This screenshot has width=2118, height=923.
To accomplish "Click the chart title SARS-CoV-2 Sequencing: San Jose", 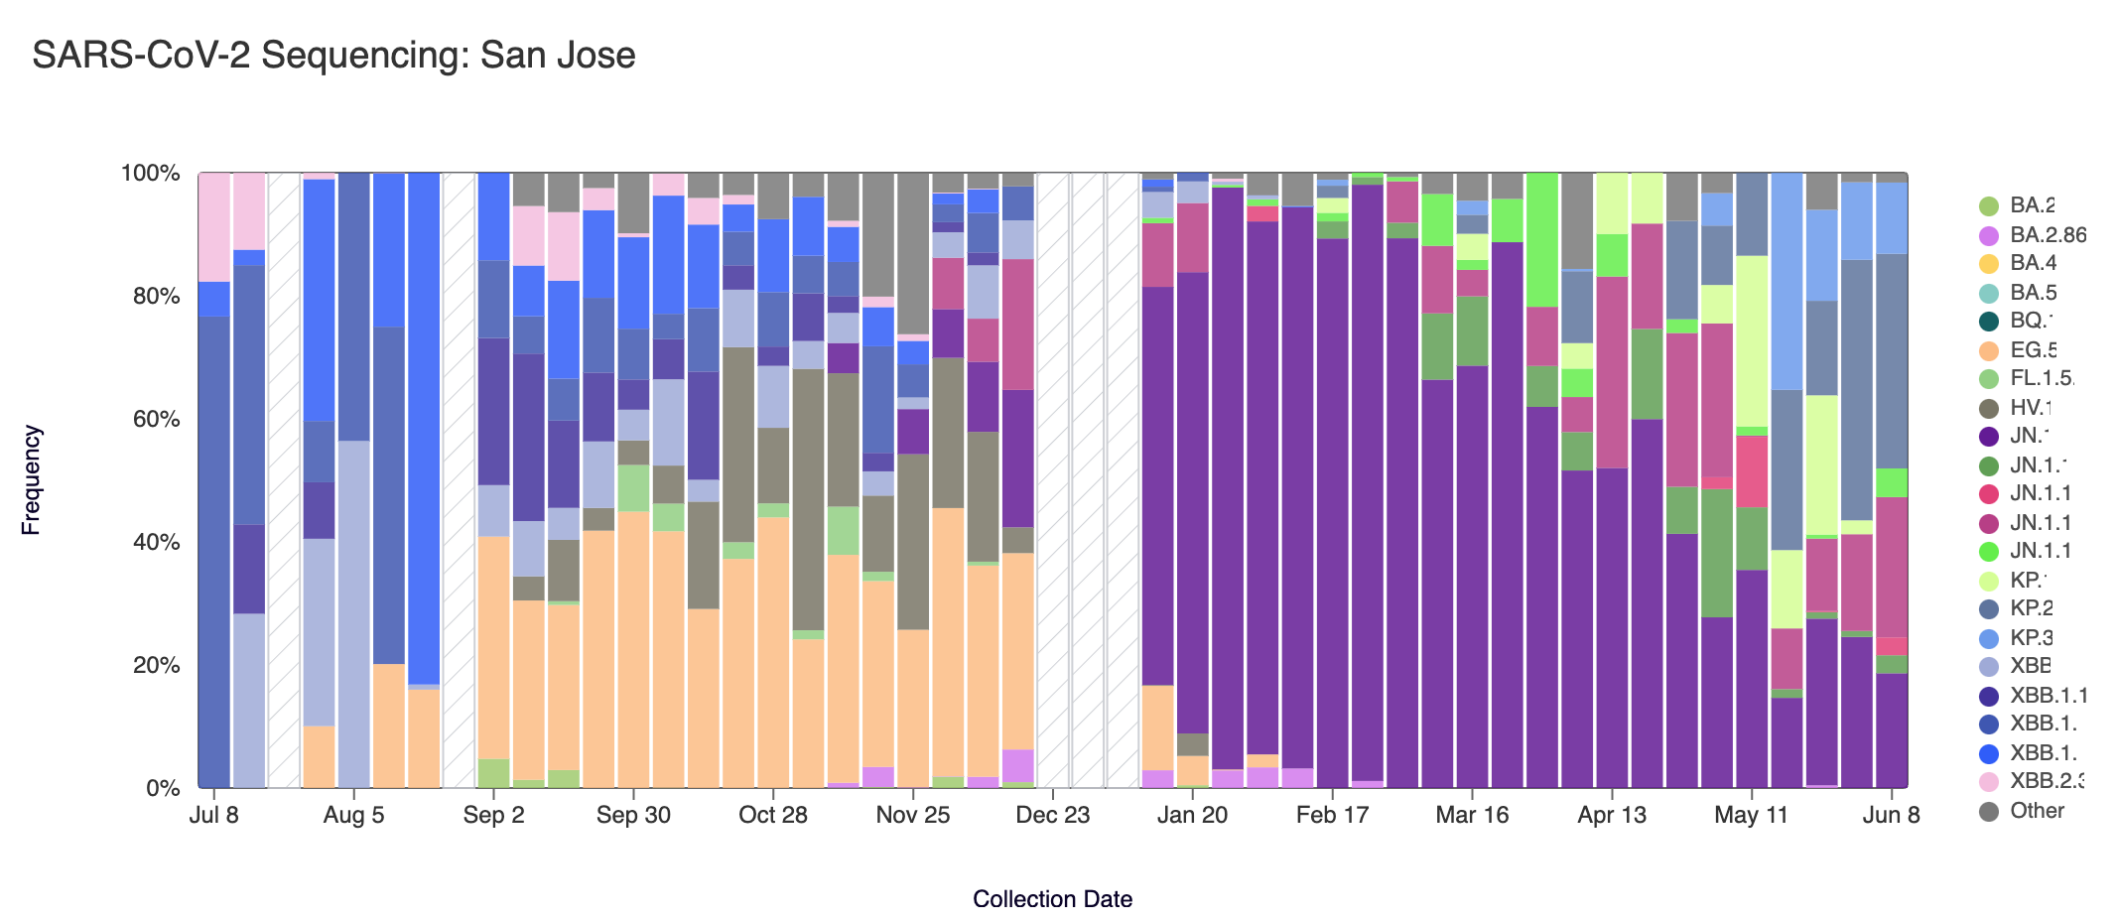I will [333, 56].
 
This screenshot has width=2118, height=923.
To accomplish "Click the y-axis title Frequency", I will [31, 480].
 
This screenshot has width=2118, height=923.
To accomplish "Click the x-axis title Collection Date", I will [1052, 899].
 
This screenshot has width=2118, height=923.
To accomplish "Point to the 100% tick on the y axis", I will [150, 174].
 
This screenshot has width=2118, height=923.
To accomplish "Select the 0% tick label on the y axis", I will [163, 789].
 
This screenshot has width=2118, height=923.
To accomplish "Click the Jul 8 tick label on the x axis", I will [213, 816].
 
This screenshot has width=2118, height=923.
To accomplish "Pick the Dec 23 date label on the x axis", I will [1053, 816].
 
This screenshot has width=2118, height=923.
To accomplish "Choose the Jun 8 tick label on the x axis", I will [1891, 816].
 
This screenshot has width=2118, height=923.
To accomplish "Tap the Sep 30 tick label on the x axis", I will [633, 816].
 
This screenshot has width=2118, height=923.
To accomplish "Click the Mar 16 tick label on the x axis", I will [1472, 816].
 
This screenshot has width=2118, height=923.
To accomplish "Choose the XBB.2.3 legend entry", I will [2046, 781].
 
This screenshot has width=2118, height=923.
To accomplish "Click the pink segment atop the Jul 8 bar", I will [214, 227].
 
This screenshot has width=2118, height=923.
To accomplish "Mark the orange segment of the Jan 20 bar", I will [1192, 770].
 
